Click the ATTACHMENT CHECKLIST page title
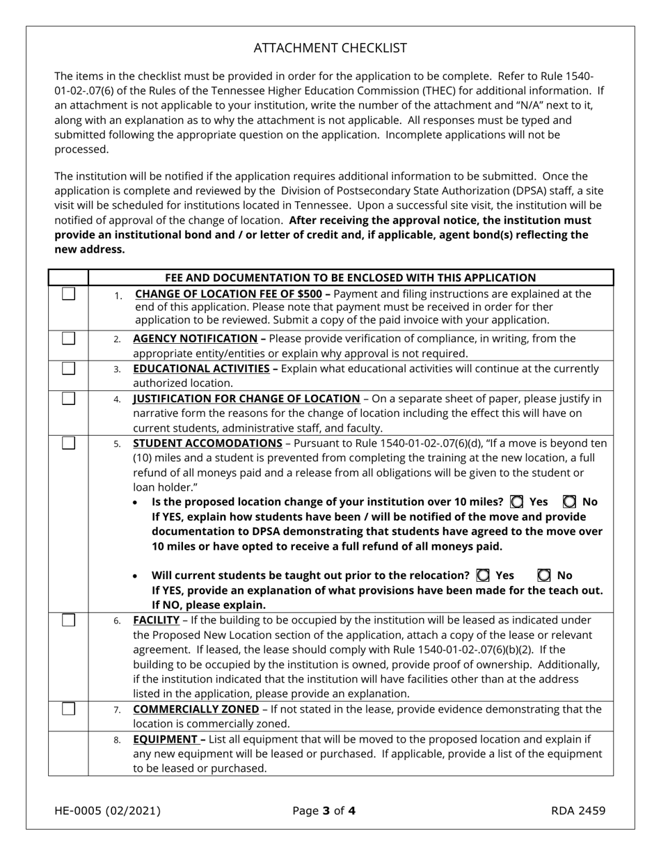tap(330, 48)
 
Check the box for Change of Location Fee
tap(68, 294)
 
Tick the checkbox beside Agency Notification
tap(68, 338)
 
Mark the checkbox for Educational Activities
tap(68, 368)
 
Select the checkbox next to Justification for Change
tap(68, 398)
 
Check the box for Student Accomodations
tap(68, 443)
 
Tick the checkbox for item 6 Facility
tap(68, 619)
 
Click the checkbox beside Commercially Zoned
tap(68, 708)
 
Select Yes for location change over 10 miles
tap(517, 502)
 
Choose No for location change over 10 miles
tap(569, 502)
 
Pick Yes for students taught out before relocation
tap(483, 576)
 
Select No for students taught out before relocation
tap(544, 576)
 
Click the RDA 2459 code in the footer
tap(578, 810)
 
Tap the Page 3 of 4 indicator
tap(324, 810)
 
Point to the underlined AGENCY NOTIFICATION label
tap(195, 338)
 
